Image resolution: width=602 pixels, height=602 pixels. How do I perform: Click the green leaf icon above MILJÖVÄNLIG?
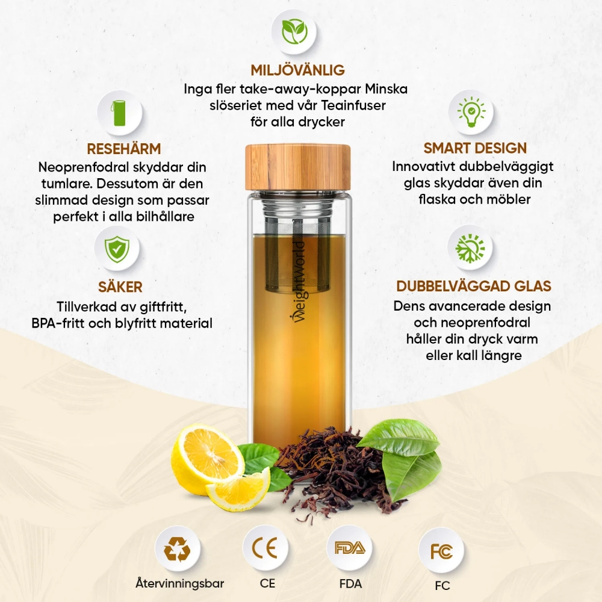point(294,32)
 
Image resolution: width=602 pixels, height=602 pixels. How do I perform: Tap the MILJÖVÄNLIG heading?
point(297,70)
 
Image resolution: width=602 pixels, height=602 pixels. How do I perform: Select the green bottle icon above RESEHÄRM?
point(119,113)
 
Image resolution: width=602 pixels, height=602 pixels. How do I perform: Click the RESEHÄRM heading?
point(123,149)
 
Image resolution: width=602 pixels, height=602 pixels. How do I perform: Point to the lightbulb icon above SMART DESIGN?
point(471,112)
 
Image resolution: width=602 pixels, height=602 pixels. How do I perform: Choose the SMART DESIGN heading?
point(475,148)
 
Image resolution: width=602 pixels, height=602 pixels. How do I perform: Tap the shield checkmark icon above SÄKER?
point(117,249)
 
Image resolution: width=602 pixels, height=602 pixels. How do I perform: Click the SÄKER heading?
point(120,287)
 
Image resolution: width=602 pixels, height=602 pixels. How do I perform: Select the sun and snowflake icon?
point(470,248)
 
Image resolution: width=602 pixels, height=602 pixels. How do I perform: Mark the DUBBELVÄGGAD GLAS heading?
point(474,286)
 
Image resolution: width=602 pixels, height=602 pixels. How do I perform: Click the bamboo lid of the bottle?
point(298,167)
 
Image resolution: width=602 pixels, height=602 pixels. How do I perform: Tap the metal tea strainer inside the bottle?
point(297,246)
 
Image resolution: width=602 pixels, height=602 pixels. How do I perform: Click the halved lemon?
point(208,459)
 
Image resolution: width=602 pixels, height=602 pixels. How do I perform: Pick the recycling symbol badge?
point(178,548)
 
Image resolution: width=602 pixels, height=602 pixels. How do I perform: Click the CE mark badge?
point(265,548)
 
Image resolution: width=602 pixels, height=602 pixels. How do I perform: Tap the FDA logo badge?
point(349,548)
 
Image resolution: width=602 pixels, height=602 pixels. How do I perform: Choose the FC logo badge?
point(441,551)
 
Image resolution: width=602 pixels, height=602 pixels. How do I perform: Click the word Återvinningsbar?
point(179,583)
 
